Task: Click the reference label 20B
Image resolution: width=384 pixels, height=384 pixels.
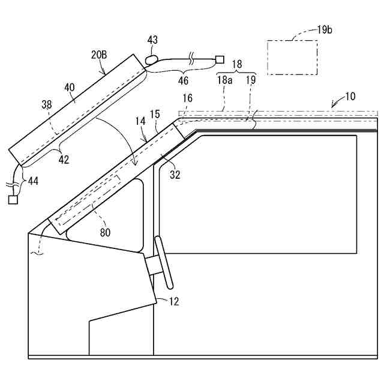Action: (100, 54)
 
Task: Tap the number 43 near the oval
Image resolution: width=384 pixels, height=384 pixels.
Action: (152, 40)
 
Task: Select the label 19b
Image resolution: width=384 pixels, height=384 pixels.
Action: (324, 29)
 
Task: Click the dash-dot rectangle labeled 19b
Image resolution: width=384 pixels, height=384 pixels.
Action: (292, 57)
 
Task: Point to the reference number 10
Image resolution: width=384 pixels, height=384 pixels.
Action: (349, 96)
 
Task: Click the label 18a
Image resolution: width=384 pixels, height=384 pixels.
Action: (224, 78)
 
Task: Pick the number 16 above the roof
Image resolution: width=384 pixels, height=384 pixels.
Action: (188, 97)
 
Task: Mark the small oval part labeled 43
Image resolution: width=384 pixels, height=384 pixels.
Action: (152, 59)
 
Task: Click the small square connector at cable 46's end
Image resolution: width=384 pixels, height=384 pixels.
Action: (220, 59)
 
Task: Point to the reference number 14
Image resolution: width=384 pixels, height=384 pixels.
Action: (140, 121)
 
